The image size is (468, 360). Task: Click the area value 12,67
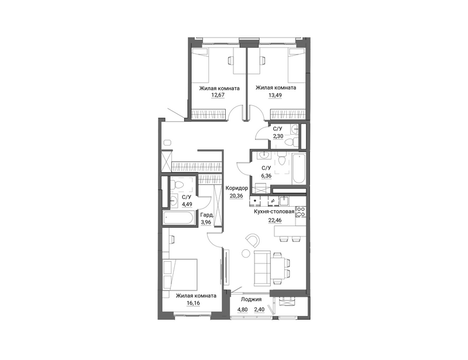click(218, 95)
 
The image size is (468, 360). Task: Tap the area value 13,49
click(275, 95)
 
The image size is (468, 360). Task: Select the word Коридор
click(237, 188)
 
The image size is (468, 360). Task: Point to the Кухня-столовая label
click(274, 211)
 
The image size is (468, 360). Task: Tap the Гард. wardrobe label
click(207, 215)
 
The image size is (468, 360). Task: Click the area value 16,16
click(192, 303)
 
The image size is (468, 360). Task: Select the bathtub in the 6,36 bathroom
click(299, 169)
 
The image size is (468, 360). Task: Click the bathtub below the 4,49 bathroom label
click(177, 218)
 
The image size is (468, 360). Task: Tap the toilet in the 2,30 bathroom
click(291, 141)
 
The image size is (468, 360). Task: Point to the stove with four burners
click(301, 211)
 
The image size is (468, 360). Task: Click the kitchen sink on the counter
click(284, 201)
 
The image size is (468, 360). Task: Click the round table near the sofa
click(246, 253)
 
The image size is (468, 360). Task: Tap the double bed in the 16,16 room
click(180, 275)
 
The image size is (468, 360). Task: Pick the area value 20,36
click(236, 196)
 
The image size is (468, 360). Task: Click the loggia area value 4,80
click(242, 310)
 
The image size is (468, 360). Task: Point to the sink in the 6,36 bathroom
click(264, 155)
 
